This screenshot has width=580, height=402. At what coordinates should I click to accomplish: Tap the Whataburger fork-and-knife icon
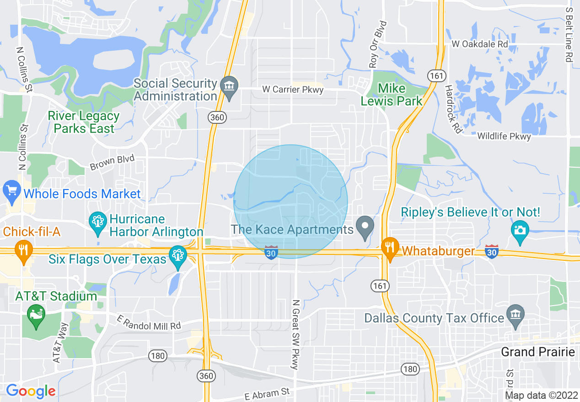click(x=389, y=249)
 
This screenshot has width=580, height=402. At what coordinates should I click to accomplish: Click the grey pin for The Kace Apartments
click(x=365, y=227)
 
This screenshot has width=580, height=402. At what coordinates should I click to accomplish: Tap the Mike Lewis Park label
click(x=392, y=95)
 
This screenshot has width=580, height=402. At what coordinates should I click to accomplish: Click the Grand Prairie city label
click(x=538, y=352)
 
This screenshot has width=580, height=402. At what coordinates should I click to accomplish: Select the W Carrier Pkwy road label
click(x=293, y=90)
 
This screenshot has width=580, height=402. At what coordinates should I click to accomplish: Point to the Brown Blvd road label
click(x=113, y=163)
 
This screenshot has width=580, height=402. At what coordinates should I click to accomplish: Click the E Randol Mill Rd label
click(x=149, y=322)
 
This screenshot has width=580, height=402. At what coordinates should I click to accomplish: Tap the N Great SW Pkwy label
click(x=295, y=334)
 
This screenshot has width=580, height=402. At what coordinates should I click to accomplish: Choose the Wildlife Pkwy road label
click(x=504, y=137)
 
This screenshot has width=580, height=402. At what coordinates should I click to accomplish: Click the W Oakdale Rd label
click(x=479, y=44)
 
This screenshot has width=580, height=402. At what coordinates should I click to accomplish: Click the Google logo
click(x=31, y=391)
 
